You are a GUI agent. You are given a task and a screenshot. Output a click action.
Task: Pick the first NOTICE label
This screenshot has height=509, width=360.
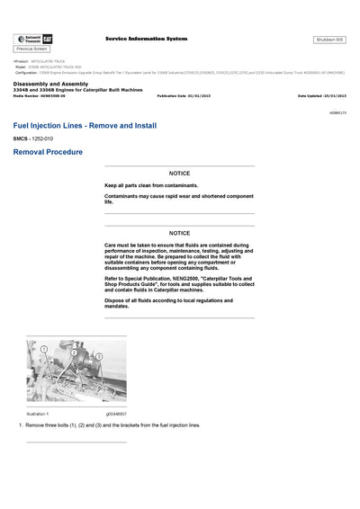tap(179, 173)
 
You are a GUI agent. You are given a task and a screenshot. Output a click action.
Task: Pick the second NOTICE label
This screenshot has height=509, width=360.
tap(179, 233)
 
